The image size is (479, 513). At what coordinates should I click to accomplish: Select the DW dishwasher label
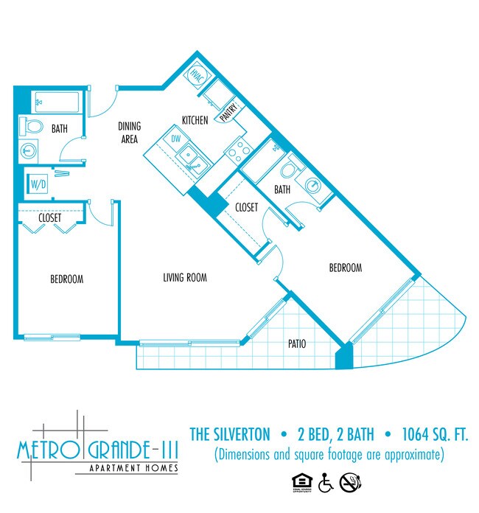pyautogui.click(x=175, y=138)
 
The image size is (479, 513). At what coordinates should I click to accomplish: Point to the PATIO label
pyautogui.click(x=297, y=343)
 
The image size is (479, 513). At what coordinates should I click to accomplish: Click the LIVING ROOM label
pyautogui.click(x=184, y=278)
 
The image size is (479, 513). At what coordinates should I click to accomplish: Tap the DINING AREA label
pyautogui.click(x=129, y=132)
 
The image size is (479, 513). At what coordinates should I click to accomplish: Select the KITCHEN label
pyautogui.click(x=195, y=121)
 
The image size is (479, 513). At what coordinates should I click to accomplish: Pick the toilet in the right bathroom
pyautogui.click(x=290, y=168)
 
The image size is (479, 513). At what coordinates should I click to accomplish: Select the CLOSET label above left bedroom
pyautogui.click(x=49, y=218)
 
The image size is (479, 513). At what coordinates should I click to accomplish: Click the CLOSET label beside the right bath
pyautogui.click(x=246, y=207)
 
